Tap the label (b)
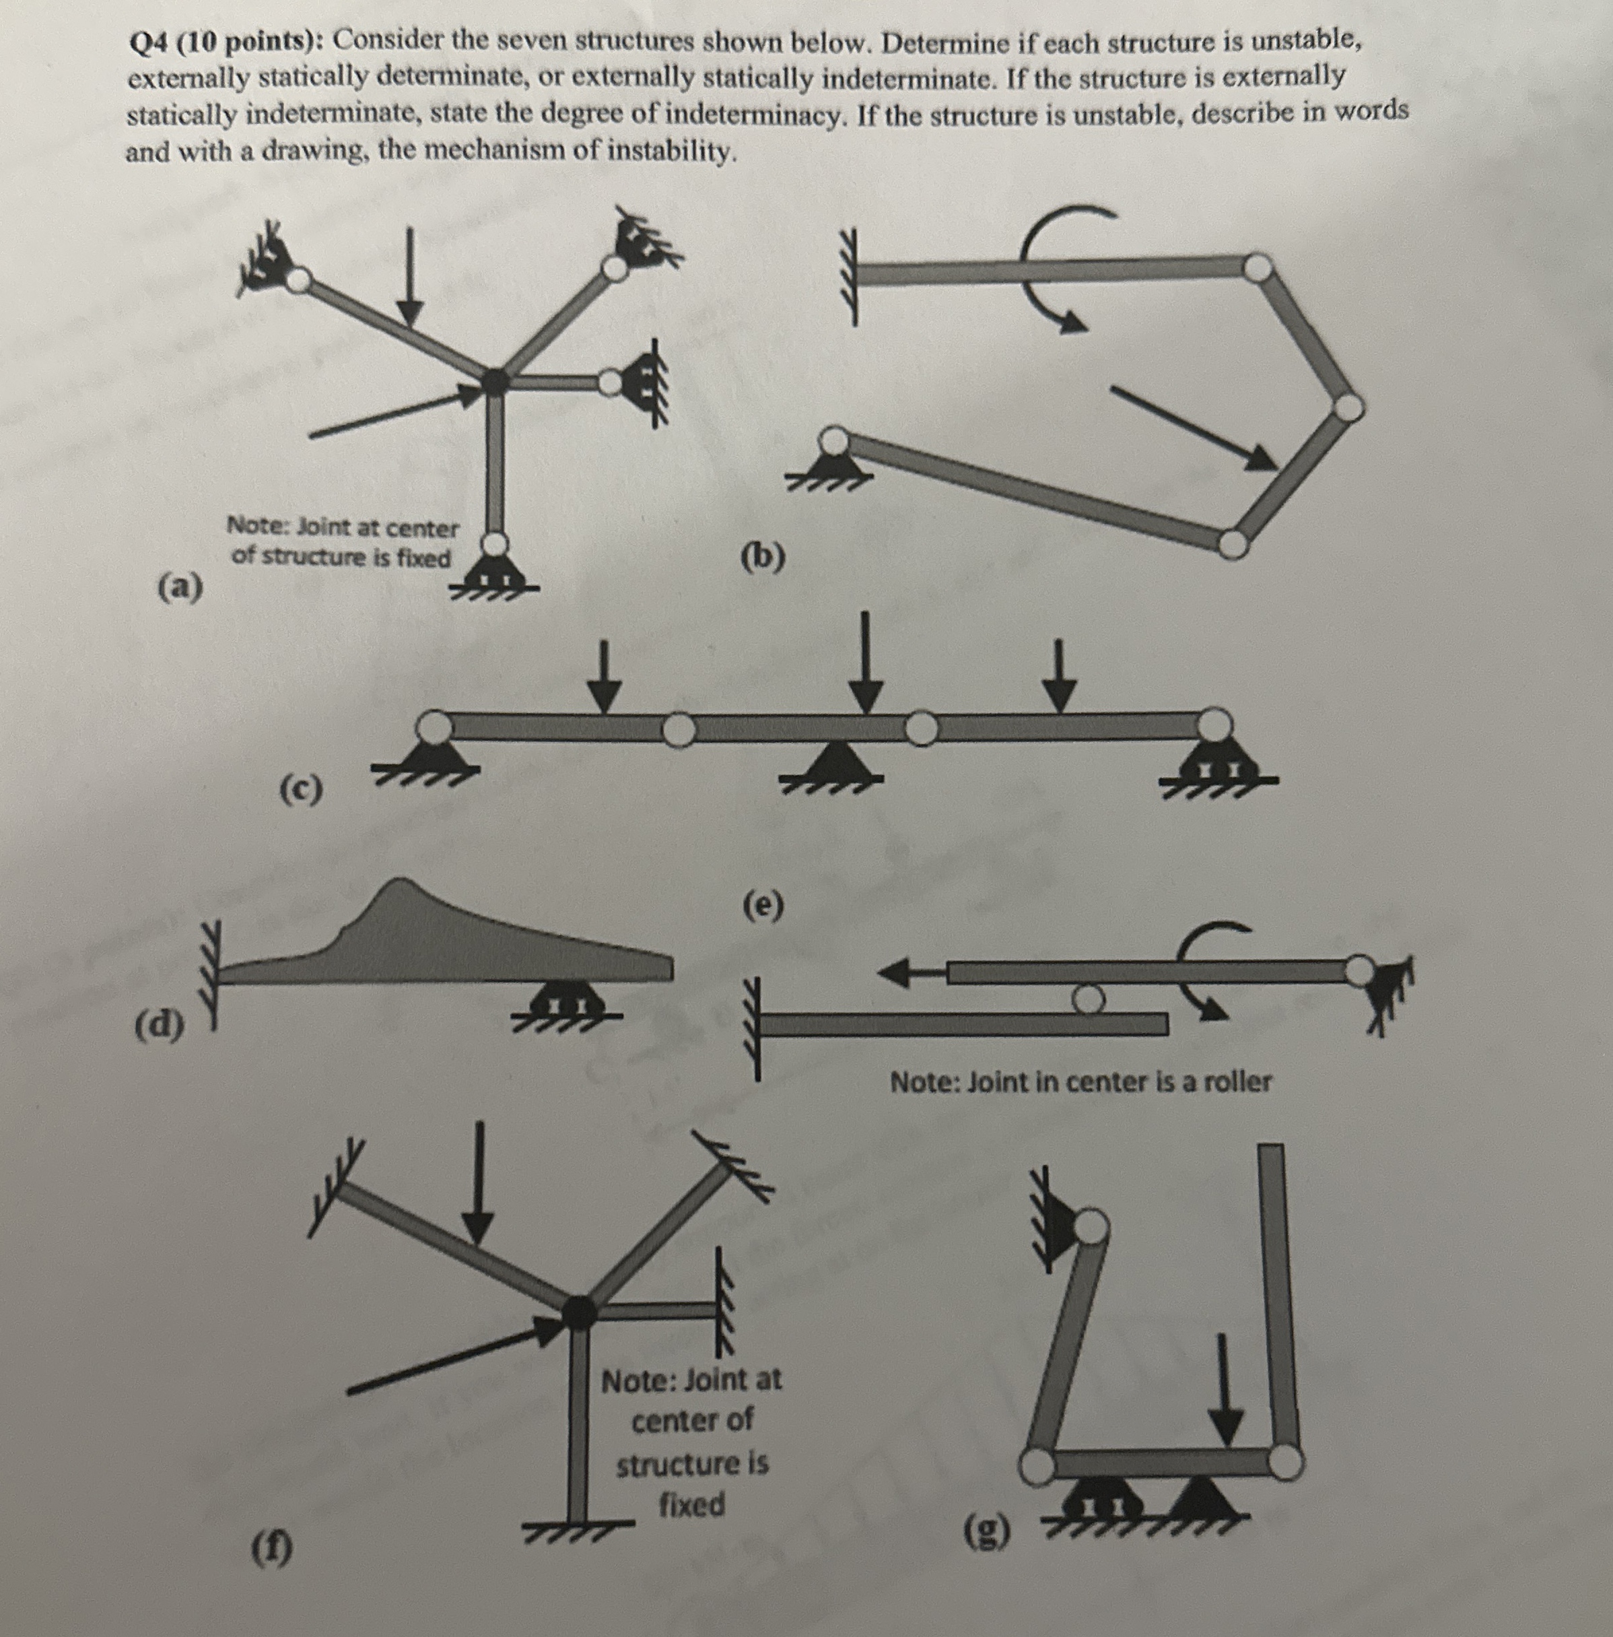[x=763, y=557]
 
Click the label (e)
[x=763, y=906]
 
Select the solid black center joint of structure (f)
[x=580, y=1312]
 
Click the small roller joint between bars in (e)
[x=1087, y=998]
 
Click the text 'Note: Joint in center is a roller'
[x=1080, y=1082]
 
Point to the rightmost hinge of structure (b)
[x=1346, y=407]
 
